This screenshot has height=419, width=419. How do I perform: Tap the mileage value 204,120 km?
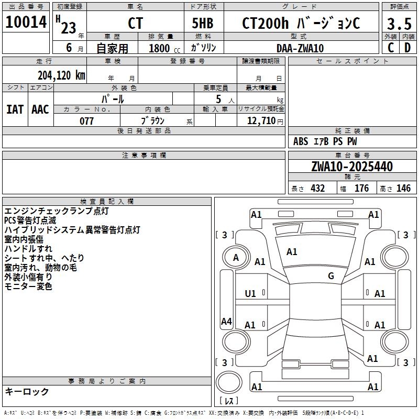[61, 75]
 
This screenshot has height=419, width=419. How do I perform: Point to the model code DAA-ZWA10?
[300, 48]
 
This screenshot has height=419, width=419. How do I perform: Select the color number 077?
[87, 121]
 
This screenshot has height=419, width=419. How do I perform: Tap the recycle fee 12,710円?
[260, 121]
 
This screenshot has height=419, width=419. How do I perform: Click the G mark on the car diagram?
[331, 276]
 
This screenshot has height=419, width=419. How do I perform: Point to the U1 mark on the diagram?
[250, 294]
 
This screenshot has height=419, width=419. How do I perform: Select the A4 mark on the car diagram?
[226, 322]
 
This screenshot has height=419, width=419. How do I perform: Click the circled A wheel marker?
[236, 257]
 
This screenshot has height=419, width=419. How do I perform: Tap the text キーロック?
[27, 391]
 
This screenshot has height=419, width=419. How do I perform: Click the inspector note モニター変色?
[28, 286]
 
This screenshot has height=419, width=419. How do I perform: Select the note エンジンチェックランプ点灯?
[57, 211]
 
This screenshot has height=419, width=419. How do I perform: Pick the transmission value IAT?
[15, 109]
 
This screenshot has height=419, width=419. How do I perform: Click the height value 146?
[403, 189]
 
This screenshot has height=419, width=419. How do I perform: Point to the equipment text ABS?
[301, 141]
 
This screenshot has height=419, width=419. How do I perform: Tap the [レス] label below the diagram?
[228, 401]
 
